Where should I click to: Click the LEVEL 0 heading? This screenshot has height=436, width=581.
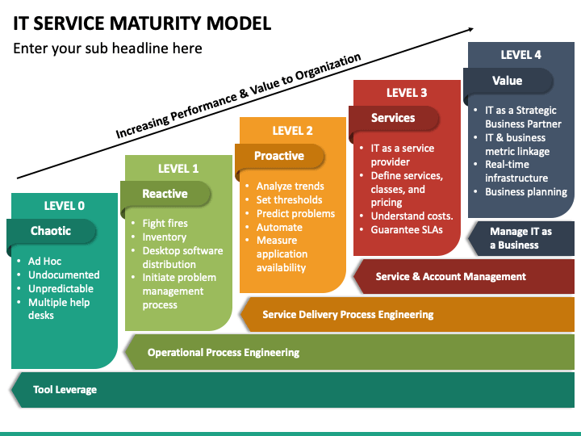(x=64, y=206)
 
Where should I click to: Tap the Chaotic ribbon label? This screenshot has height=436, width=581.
(x=51, y=231)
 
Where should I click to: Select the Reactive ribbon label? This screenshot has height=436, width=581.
(x=165, y=194)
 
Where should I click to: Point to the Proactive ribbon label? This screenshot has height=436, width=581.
(x=279, y=156)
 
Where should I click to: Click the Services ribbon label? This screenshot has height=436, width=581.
(x=393, y=118)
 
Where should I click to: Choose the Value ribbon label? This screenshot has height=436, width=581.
(x=508, y=81)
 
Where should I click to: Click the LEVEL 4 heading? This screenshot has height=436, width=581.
(x=520, y=55)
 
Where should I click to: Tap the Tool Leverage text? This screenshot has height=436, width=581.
(x=65, y=390)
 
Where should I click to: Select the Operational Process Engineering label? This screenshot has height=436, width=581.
(x=224, y=353)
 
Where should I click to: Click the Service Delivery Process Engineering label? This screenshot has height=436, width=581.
(x=348, y=315)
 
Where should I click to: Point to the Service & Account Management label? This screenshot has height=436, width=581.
(x=450, y=277)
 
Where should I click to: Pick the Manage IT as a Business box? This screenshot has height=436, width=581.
(x=521, y=238)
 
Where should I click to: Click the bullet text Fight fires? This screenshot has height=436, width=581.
(x=165, y=223)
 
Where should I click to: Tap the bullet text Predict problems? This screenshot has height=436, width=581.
(x=295, y=213)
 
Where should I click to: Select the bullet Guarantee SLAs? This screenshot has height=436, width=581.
(x=407, y=230)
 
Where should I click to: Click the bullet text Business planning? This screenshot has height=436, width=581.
(x=526, y=192)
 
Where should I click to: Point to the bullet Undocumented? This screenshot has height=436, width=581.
(x=64, y=275)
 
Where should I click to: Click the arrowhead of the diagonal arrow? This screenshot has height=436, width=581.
(x=470, y=29)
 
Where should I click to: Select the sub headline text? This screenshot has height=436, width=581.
(x=107, y=48)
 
